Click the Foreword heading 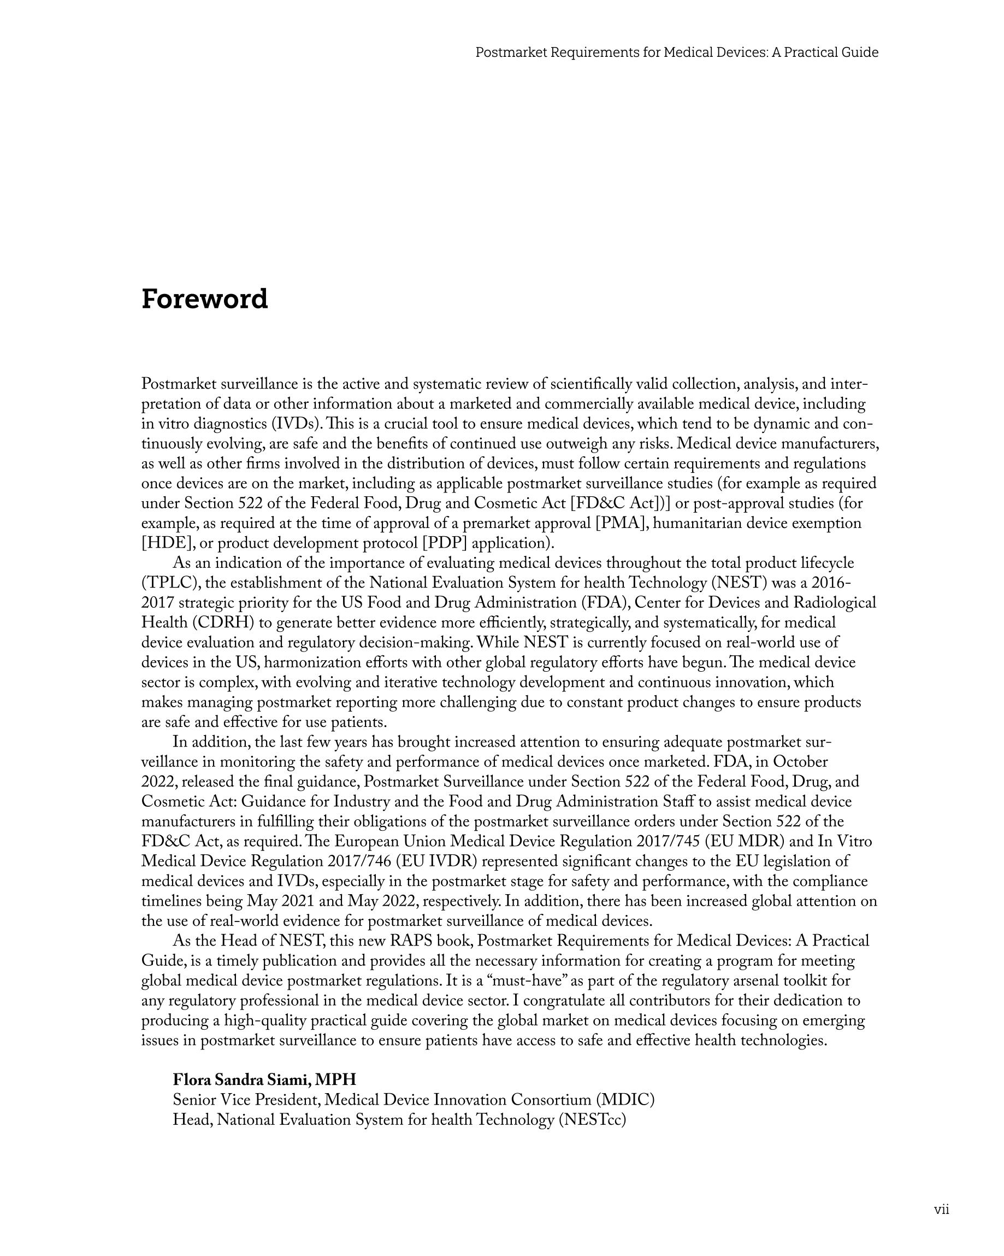204,300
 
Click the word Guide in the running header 860,52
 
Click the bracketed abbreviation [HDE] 166,543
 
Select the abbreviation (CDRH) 221,623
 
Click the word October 800,762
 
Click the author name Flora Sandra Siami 241,1079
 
